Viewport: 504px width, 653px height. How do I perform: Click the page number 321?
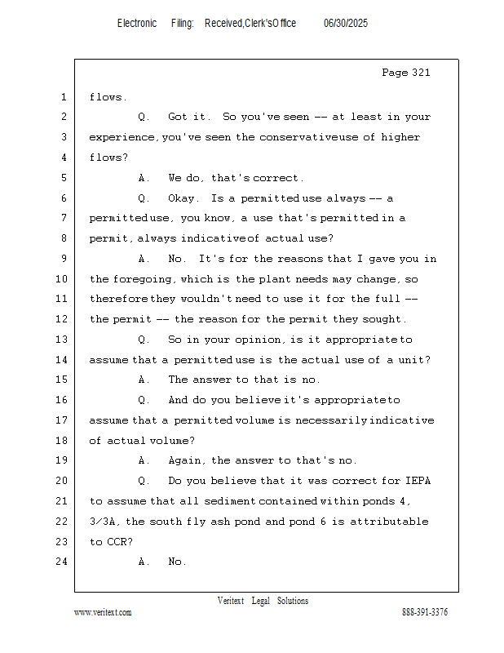[x=421, y=73]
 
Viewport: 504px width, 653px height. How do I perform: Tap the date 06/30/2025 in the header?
[x=346, y=24]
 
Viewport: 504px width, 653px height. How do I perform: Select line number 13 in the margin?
[x=62, y=339]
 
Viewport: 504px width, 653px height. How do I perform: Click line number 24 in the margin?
[x=62, y=562]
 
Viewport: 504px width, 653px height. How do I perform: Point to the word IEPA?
[x=418, y=481]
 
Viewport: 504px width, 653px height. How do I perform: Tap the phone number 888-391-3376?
[x=425, y=612]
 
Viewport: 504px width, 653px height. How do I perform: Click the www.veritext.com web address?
[x=103, y=612]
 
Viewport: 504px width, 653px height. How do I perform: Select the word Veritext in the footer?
[x=231, y=601]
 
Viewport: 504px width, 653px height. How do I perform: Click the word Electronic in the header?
[x=137, y=24]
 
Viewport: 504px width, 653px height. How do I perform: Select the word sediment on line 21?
[x=230, y=501]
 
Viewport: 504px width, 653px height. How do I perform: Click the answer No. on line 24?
[x=177, y=562]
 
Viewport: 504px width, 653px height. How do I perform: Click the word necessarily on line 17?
[x=331, y=420]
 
